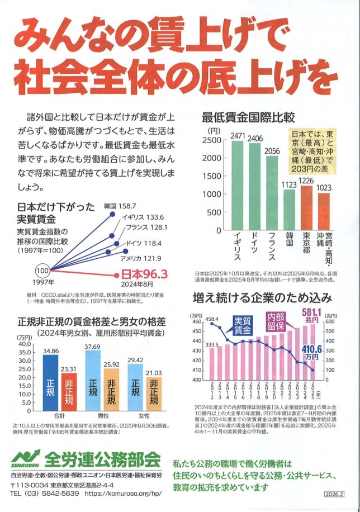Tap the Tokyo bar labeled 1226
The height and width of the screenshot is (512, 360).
tap(306, 207)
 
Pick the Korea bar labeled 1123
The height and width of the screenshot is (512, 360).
tap(289, 209)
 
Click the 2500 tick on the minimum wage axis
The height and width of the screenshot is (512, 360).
tap(212, 140)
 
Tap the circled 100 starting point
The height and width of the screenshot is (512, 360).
tap(42, 270)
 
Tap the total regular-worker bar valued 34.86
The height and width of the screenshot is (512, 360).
tap(50, 383)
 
